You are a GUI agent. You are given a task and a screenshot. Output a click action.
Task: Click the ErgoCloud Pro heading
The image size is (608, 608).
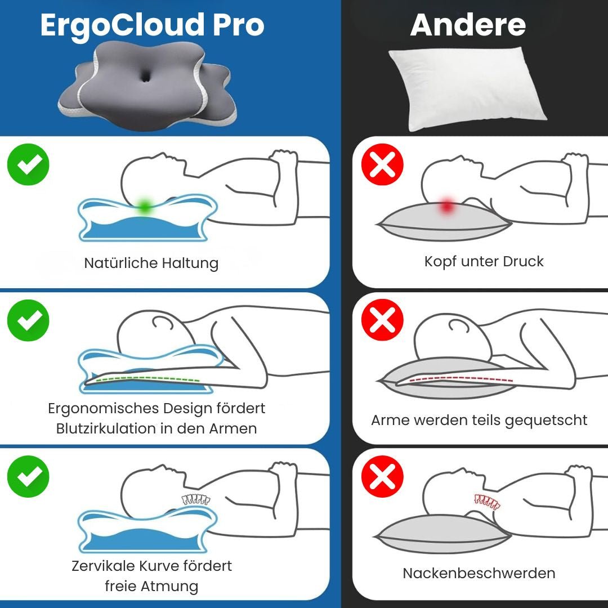click(x=152, y=25)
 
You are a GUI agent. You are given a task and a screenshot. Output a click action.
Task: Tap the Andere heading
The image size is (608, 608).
click(x=468, y=25)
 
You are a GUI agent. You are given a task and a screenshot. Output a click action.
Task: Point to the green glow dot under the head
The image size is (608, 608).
click(x=145, y=206)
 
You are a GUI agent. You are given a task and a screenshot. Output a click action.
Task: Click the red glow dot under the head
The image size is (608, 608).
click(x=447, y=206)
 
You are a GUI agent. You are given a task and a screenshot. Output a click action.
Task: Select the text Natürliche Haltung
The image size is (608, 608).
click(x=151, y=263)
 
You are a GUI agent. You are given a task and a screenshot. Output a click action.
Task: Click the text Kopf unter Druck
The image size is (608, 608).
click(x=484, y=261)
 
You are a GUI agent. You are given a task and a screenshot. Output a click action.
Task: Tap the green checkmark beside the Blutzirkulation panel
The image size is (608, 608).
click(x=28, y=320)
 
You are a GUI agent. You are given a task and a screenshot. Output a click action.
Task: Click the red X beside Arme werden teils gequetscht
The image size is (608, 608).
click(x=383, y=320)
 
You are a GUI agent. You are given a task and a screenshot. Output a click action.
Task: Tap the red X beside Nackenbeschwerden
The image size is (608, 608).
click(x=383, y=476)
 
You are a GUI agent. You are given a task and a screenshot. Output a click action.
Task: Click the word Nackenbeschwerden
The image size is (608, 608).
click(x=479, y=573)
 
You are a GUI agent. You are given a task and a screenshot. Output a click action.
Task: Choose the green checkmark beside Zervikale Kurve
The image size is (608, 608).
click(x=28, y=476)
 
